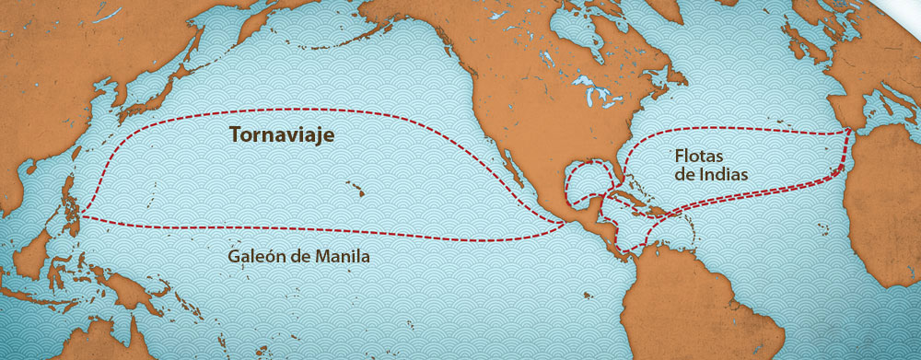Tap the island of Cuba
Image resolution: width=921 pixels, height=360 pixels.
635,200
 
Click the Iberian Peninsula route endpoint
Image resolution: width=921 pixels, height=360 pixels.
847,132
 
